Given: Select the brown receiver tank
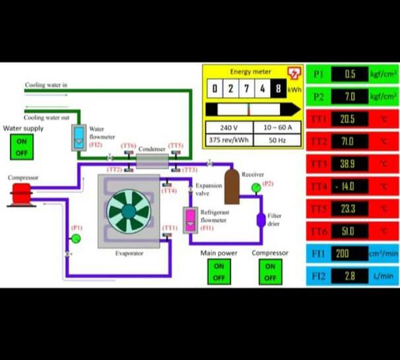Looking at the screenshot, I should point(232,187).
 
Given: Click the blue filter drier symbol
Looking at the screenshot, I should point(261,219).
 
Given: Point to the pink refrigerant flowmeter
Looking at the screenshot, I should point(190,220).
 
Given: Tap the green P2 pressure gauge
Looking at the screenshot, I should point(255,188).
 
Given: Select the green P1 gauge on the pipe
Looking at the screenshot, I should point(75,238).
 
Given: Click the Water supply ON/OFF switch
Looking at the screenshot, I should point(22,147).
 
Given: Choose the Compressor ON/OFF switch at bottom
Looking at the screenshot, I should point(270,271).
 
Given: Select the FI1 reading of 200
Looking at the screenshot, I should point(343,254).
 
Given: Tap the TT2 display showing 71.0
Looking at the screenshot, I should point(347,141).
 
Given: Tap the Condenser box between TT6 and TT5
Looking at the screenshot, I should point(152,159).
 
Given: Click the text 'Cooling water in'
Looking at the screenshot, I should point(46,85).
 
